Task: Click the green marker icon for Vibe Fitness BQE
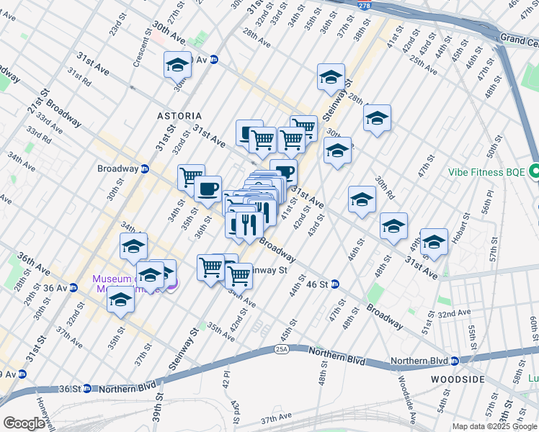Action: pos(534,172)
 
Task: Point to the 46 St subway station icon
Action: pos(335,284)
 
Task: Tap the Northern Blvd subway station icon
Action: pos(455,361)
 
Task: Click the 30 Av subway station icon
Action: pos(214,60)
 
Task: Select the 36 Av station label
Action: pos(56,288)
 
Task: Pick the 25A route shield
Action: pos(280,349)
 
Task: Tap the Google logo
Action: pos(24,423)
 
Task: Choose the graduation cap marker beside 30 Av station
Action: pos(177,66)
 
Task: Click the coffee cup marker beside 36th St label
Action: pos(208,189)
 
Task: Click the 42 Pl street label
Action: pos(226,383)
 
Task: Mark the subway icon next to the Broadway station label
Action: pos(144,169)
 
